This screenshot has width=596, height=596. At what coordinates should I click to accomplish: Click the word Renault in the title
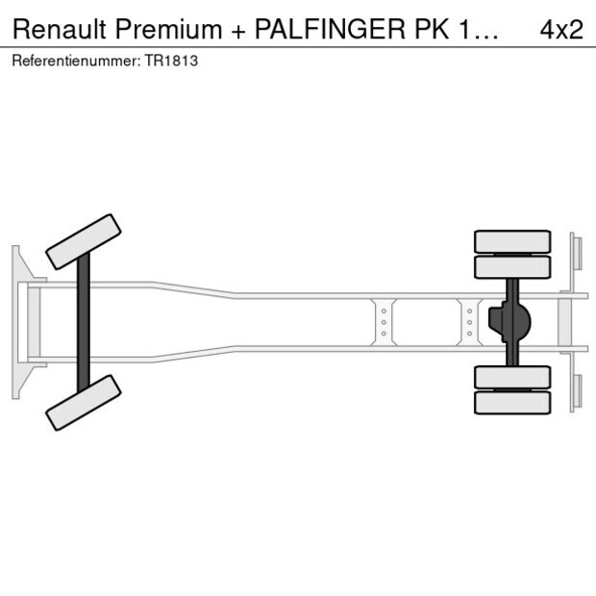tap(60, 29)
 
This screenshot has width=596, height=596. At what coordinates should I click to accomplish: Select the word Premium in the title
tap(168, 29)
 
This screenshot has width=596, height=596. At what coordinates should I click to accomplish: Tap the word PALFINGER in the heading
tap(330, 29)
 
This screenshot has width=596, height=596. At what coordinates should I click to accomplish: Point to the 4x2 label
tap(561, 29)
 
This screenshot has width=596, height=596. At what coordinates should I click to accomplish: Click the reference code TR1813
tap(171, 61)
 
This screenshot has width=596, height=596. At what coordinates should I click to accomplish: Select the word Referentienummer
tap(76, 61)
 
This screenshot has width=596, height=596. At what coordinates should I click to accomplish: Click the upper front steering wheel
tap(84, 242)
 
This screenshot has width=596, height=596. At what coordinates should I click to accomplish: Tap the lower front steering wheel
tap(84, 403)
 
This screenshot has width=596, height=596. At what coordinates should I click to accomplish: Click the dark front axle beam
tap(84, 322)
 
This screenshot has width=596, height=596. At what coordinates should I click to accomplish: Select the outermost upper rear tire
tap(512, 241)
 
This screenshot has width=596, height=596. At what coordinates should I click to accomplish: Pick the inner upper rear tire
tap(512, 267)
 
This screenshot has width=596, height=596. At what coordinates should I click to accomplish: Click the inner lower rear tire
tap(512, 377)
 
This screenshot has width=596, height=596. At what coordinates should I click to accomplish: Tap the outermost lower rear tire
tap(512, 403)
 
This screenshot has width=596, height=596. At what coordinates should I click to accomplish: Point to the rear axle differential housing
tap(509, 322)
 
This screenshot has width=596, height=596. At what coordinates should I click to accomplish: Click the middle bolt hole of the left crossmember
tap(384, 322)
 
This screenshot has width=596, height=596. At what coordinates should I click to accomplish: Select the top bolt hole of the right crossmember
tap(470, 311)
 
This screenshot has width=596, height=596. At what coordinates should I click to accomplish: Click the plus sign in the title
tap(238, 32)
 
